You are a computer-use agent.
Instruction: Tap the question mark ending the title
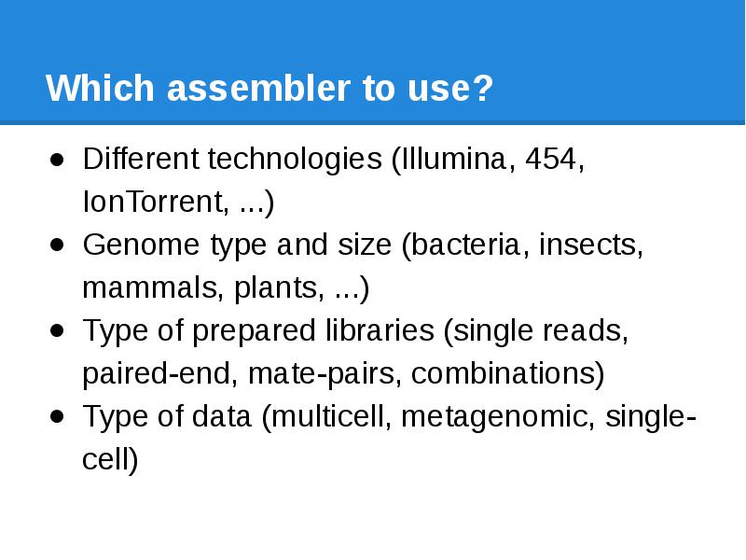[483, 91]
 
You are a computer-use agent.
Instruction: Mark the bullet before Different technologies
[58, 159]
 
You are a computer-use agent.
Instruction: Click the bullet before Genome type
[58, 245]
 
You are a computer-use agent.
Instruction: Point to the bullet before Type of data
[58, 416]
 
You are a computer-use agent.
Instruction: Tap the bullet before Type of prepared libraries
[58, 330]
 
